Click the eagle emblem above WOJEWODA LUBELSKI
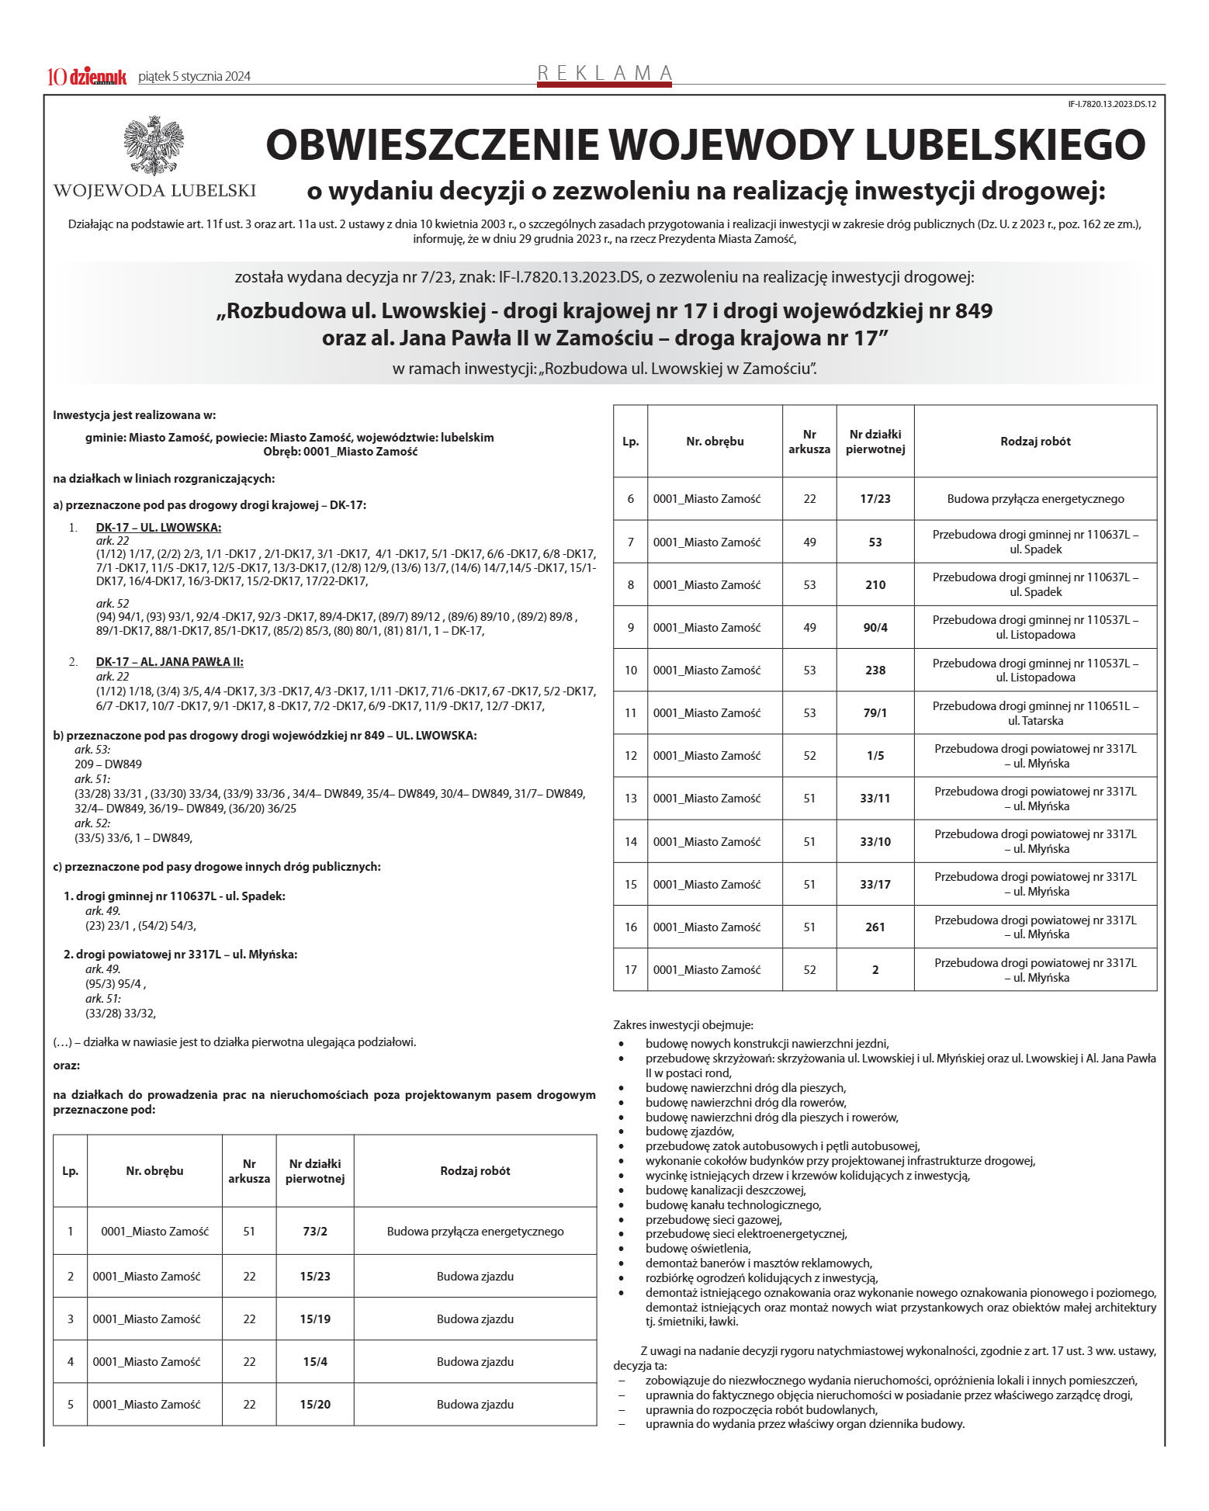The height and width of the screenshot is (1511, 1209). tap(154, 146)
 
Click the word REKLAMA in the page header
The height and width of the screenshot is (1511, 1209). tap(604, 73)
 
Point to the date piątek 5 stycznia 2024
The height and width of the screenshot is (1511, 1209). tap(194, 77)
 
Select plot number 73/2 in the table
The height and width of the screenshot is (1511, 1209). tap(315, 1232)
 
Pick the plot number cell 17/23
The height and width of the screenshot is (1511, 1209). tap(875, 499)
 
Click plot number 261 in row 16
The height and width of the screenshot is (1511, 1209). tap(875, 927)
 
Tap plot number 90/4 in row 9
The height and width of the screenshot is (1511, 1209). tap(875, 628)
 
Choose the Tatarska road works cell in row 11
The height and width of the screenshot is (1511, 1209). tap(1035, 713)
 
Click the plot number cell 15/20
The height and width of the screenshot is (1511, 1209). tap(315, 1405)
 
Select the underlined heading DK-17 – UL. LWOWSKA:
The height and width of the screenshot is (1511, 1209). tap(158, 528)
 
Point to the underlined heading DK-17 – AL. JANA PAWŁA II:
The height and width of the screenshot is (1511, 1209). tap(169, 662)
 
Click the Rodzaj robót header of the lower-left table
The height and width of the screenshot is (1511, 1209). tap(475, 1171)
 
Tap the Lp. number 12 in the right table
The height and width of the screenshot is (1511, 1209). tap(631, 756)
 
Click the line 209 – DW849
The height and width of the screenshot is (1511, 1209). tap(109, 764)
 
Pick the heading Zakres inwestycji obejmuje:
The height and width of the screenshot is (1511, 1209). tap(683, 1025)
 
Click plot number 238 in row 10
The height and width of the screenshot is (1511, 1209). tap(875, 671)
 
